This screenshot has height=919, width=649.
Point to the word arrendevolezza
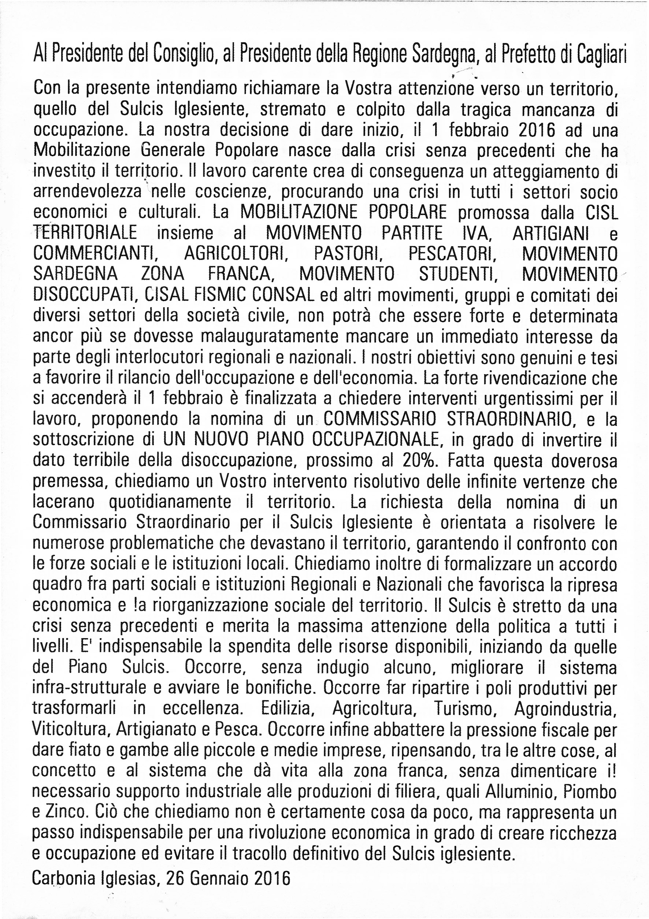coord(87,192)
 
